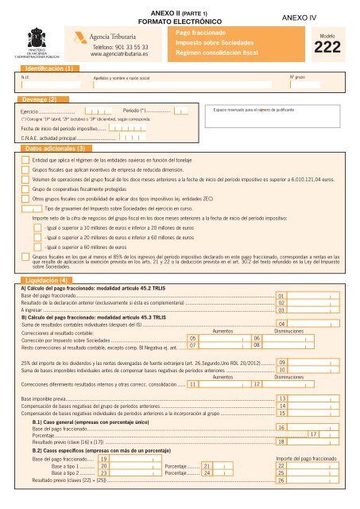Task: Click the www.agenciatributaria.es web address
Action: (x=119, y=55)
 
